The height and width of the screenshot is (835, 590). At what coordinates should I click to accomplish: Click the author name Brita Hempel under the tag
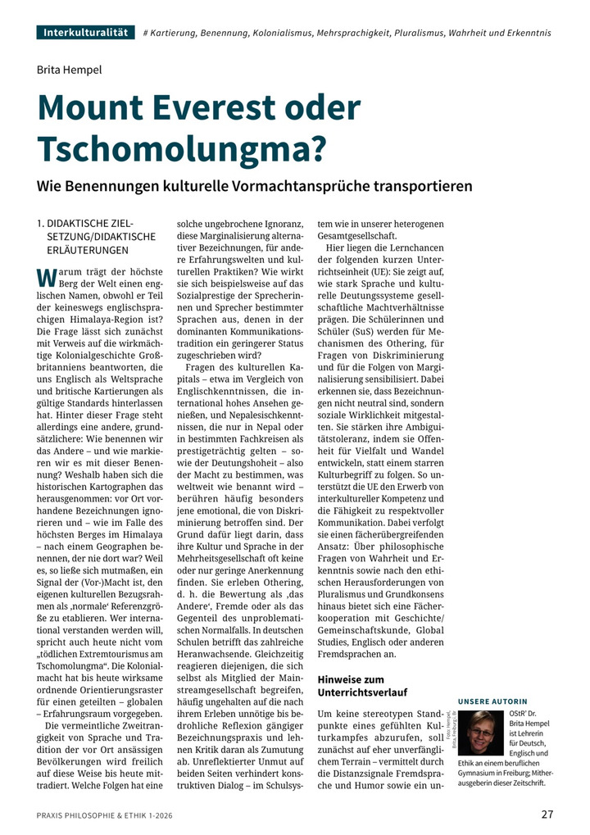[x=70, y=70]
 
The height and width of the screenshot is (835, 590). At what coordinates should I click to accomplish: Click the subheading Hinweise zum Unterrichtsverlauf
[x=362, y=686]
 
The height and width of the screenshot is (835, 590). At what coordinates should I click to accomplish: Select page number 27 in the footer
[x=547, y=814]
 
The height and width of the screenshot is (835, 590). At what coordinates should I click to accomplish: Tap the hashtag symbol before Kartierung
[x=146, y=34]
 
